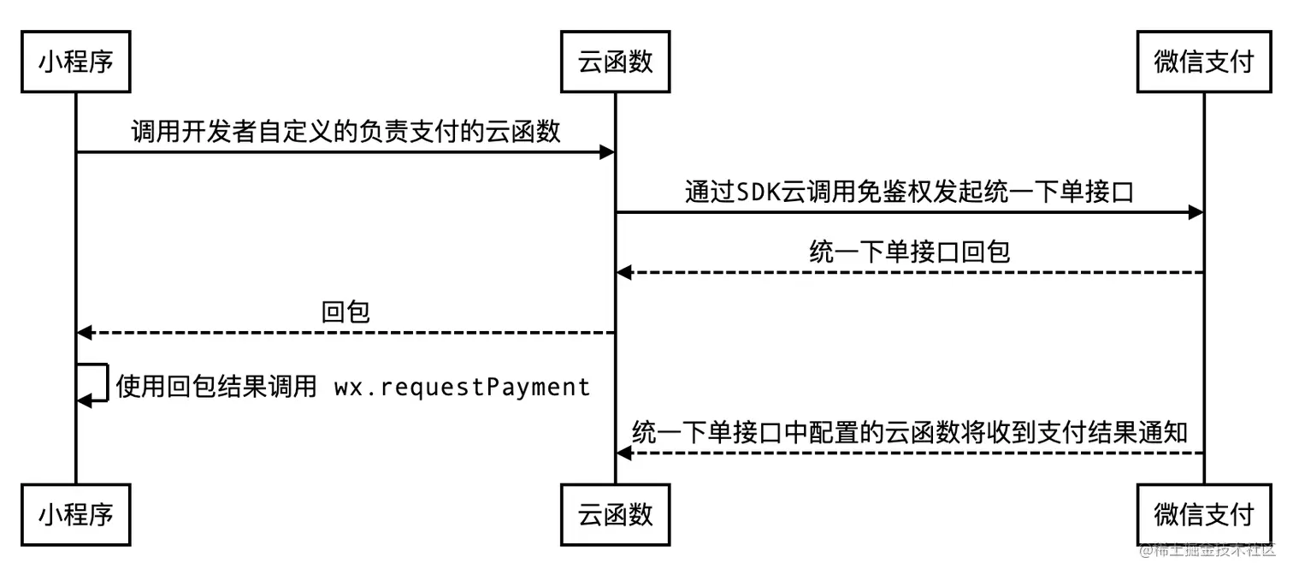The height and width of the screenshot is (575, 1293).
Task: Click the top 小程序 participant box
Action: coord(76,62)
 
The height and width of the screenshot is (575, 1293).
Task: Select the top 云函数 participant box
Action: coord(615,62)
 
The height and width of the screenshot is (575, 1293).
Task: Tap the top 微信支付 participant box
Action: coord(1203,62)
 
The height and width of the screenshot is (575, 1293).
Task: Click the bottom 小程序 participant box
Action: coord(76,514)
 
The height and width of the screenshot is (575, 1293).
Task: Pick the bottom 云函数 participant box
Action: coord(615,514)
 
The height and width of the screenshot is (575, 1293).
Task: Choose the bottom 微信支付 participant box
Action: coord(1203,514)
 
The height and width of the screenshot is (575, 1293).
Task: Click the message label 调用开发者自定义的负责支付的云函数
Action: coord(345,131)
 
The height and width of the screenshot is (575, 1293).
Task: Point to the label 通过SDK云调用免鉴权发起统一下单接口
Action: coord(909,191)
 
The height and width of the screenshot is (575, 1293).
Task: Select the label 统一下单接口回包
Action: coord(909,251)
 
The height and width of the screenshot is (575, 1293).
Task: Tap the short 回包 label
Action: coord(345,311)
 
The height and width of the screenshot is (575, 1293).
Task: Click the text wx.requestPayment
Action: coord(462,388)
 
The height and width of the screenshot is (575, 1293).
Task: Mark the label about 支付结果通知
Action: coord(909,432)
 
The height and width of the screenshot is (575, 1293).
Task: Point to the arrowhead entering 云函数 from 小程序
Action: coord(606,152)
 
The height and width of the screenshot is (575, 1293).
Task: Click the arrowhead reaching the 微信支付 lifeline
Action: coord(1196,212)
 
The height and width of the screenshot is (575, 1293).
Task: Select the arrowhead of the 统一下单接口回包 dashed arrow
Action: coord(624,272)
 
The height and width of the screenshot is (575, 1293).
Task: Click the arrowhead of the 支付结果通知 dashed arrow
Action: coord(624,453)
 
